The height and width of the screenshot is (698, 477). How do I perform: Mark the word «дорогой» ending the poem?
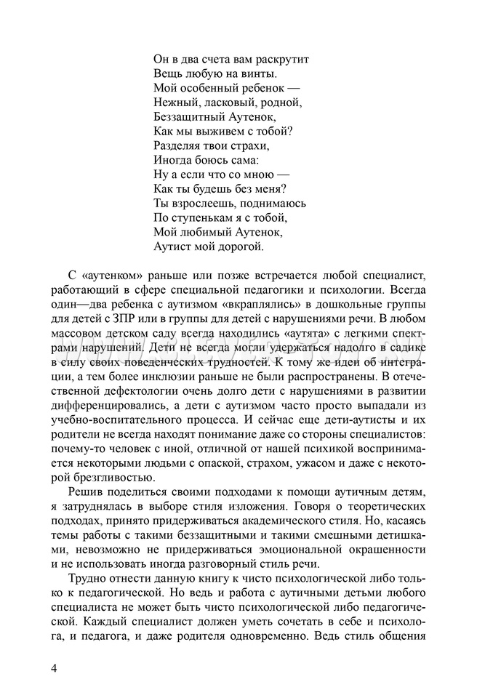pos(243,246)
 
